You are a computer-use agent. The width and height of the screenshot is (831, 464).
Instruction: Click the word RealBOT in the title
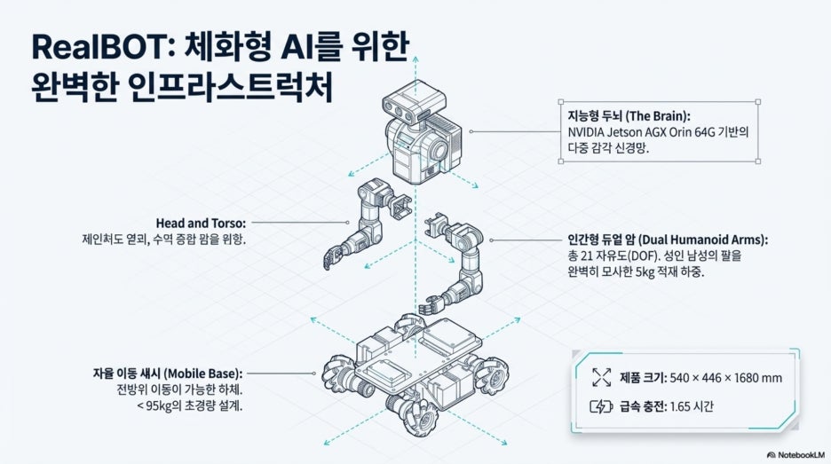coord(100,47)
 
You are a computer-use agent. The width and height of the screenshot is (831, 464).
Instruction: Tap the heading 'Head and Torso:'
coord(201,224)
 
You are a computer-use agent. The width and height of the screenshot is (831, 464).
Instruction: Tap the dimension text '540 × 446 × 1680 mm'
coord(726,378)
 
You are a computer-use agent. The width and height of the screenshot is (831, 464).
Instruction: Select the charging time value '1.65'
coord(680,406)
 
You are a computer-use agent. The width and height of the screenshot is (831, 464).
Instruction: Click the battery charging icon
coord(601,407)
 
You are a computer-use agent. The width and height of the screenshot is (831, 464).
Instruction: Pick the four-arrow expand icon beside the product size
coord(602,377)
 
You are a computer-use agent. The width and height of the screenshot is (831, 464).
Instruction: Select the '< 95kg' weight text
coord(154,406)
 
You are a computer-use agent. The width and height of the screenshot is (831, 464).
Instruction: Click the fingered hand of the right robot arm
coord(431,307)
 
